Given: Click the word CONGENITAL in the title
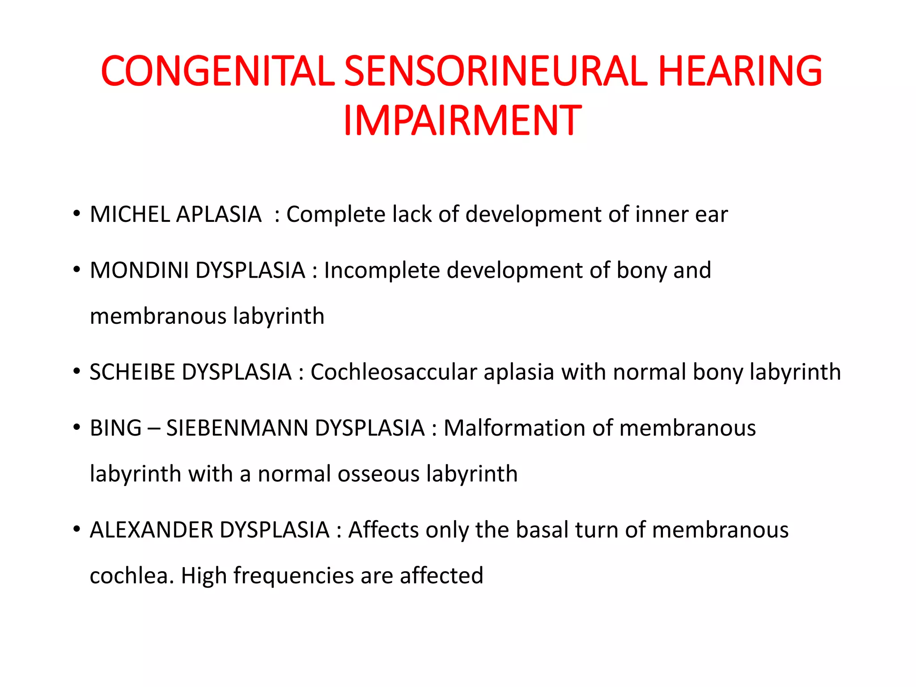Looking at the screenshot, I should point(218,71).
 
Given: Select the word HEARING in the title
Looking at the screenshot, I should point(740,71).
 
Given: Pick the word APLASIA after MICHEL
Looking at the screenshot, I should point(219,214).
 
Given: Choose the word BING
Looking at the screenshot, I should point(115,428).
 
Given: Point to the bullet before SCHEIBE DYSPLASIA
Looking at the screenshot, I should point(77,371).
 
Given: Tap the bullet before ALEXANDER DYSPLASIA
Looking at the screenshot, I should point(77,529).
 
